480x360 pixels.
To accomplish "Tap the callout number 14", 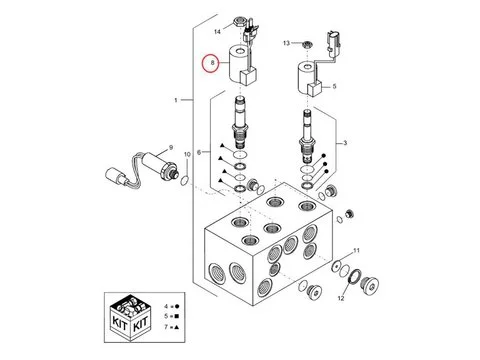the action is tap(217, 32).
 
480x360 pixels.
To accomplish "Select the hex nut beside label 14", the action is tap(240, 22).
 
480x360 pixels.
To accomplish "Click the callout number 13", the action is tap(287, 43).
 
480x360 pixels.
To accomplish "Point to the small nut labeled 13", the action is tap(307, 44).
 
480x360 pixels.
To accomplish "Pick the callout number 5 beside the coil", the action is tap(334, 86).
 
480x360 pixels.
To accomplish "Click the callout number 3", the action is tap(345, 143).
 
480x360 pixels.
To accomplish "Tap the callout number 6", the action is tap(199, 152).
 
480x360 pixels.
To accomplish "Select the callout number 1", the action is tap(176, 100).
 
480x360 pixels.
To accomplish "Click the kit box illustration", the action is tap(130, 317).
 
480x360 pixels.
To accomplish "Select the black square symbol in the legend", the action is tap(177, 316).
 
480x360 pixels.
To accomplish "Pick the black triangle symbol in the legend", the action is tap(177, 327).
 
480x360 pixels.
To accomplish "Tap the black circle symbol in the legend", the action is tap(177, 306).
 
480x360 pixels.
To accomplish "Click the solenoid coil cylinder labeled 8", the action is tap(241, 65).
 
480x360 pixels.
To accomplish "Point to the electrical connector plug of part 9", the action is tap(115, 177).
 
